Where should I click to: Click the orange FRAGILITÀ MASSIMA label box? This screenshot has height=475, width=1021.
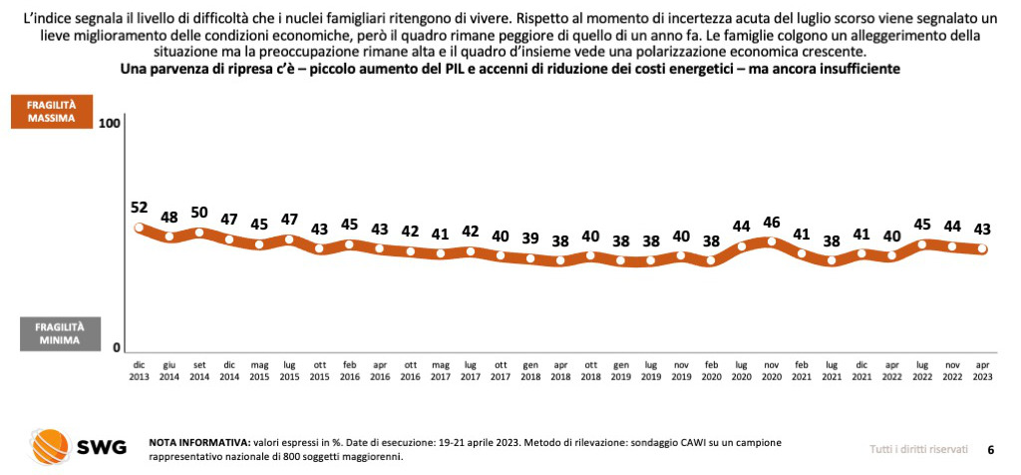point(59,110)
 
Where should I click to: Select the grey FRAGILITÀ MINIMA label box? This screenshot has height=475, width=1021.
point(59,333)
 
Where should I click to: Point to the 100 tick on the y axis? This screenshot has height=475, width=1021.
point(110,123)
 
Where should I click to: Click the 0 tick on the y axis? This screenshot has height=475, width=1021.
point(116,347)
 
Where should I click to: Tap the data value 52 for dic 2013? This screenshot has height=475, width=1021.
point(140,208)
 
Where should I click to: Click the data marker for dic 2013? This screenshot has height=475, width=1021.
point(140,229)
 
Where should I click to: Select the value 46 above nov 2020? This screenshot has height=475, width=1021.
point(772,222)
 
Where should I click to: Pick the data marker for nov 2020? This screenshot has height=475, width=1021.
point(772,241)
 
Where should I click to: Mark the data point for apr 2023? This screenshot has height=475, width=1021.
point(981,249)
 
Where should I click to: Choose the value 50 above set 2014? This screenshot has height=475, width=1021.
point(199,213)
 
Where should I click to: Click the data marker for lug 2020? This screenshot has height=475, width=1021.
point(742,246)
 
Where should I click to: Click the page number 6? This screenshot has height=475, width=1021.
point(990,449)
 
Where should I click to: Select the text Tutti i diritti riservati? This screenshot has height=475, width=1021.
point(917,449)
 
